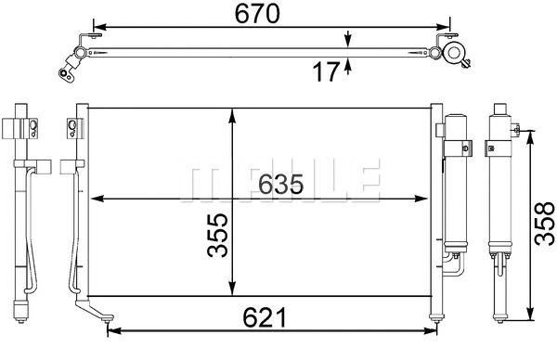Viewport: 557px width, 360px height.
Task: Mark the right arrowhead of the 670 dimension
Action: [447, 25]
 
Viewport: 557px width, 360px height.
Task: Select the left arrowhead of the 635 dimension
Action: [94, 198]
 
